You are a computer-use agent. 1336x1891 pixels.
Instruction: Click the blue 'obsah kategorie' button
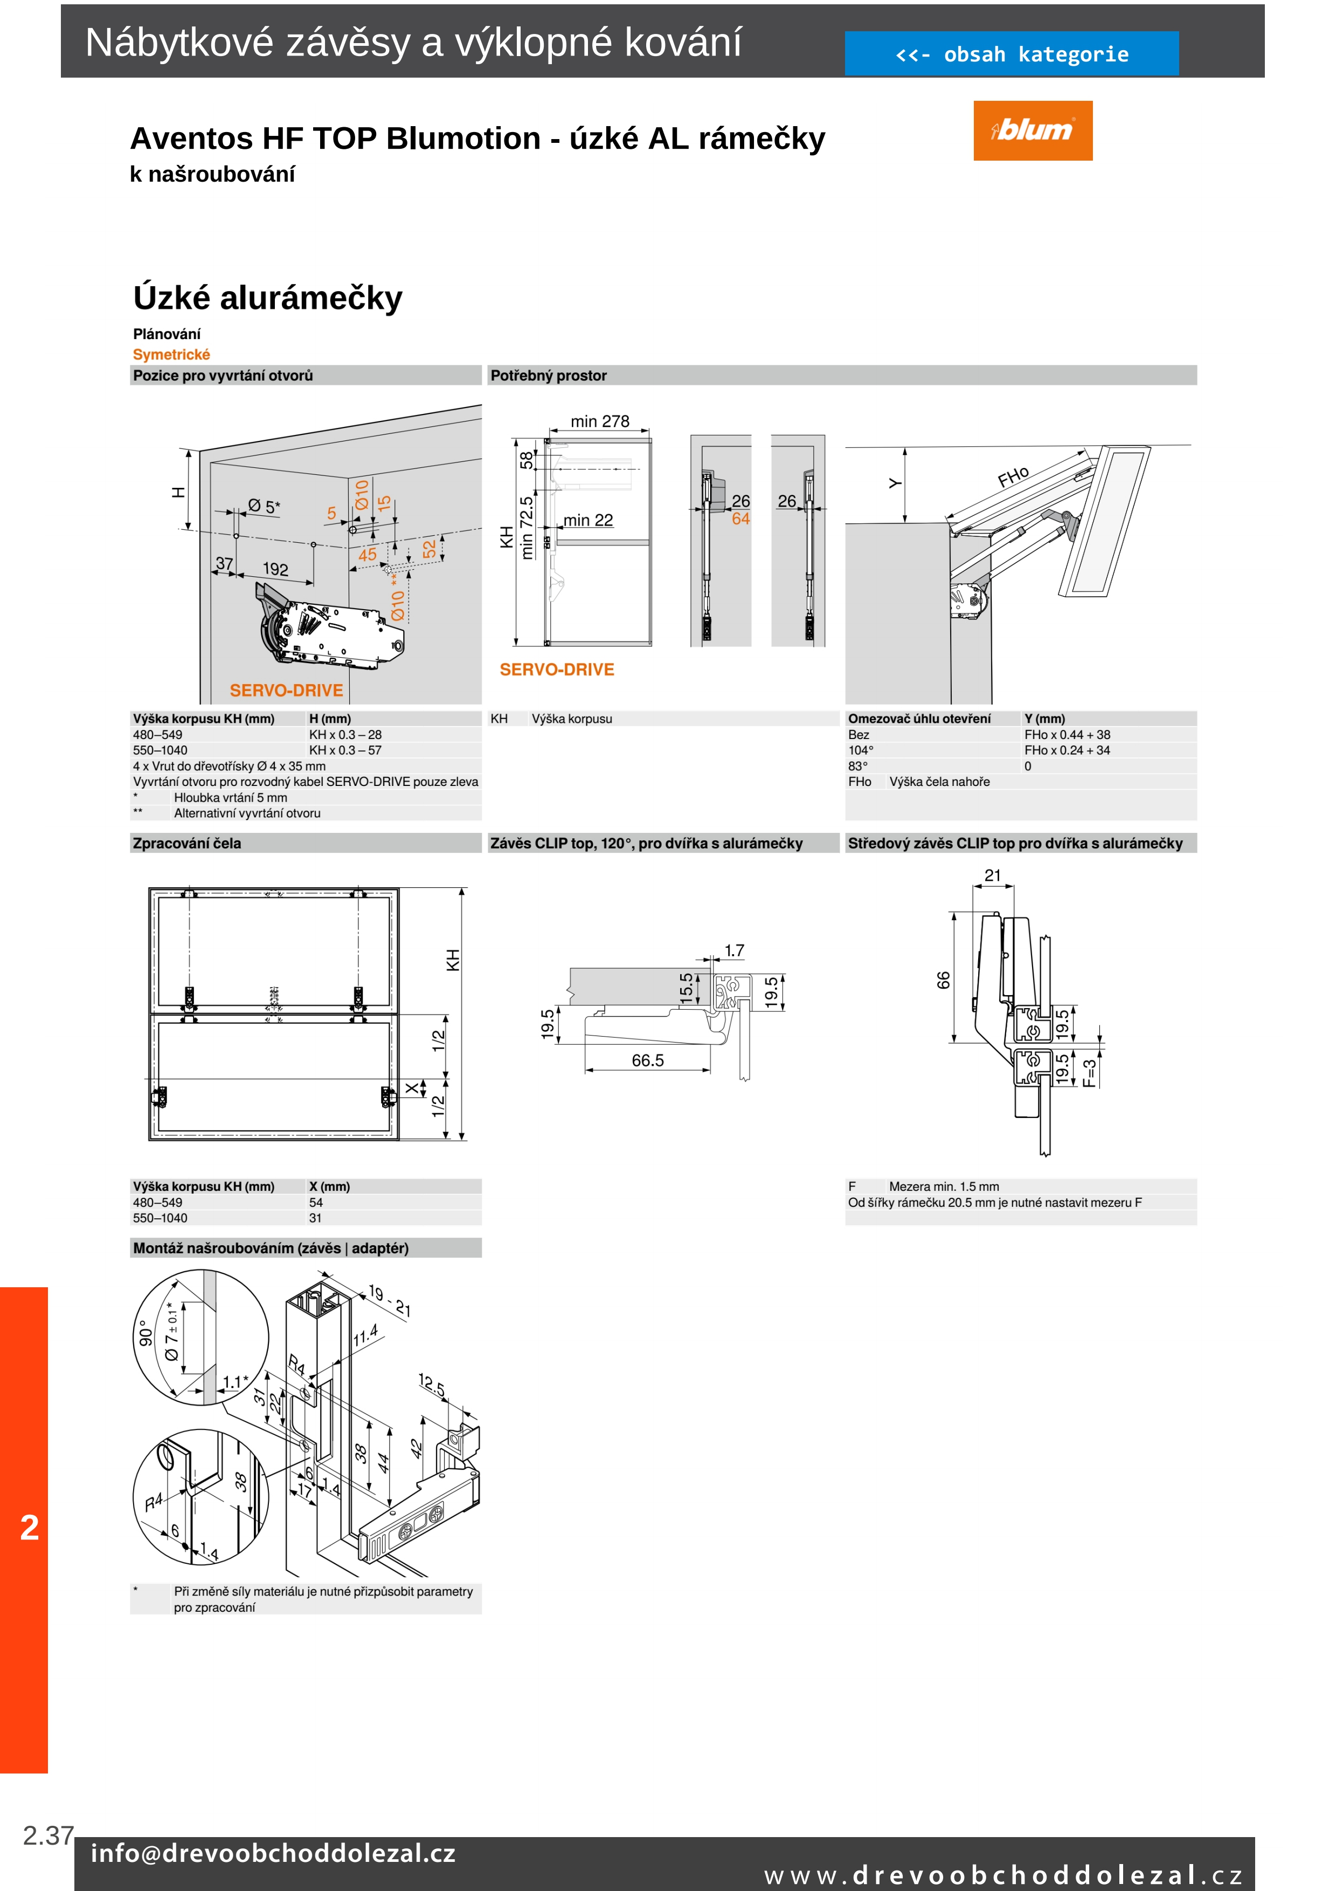pyautogui.click(x=1011, y=54)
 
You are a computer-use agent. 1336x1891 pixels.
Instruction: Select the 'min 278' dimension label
pyautogui.click(x=599, y=422)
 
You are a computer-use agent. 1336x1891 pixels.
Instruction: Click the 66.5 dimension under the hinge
pyautogui.click(x=647, y=1061)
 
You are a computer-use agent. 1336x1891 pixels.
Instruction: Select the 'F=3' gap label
pyautogui.click(x=1090, y=1072)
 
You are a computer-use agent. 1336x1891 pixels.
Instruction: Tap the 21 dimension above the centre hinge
pyautogui.click(x=993, y=875)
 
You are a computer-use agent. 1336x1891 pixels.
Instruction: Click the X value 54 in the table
pyautogui.click(x=316, y=1203)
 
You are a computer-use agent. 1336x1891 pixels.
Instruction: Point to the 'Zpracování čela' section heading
pyautogui.click(x=187, y=844)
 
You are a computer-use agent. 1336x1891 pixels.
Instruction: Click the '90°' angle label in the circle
pyautogui.click(x=146, y=1333)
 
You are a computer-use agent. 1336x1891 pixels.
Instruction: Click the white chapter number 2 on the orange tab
pyautogui.click(x=30, y=1528)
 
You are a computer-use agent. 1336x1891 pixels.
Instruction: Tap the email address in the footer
pyautogui.click(x=273, y=1853)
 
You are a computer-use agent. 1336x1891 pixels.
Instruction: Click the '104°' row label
pyautogui.click(x=861, y=750)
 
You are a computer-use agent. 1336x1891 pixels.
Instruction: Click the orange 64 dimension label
pyautogui.click(x=741, y=519)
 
